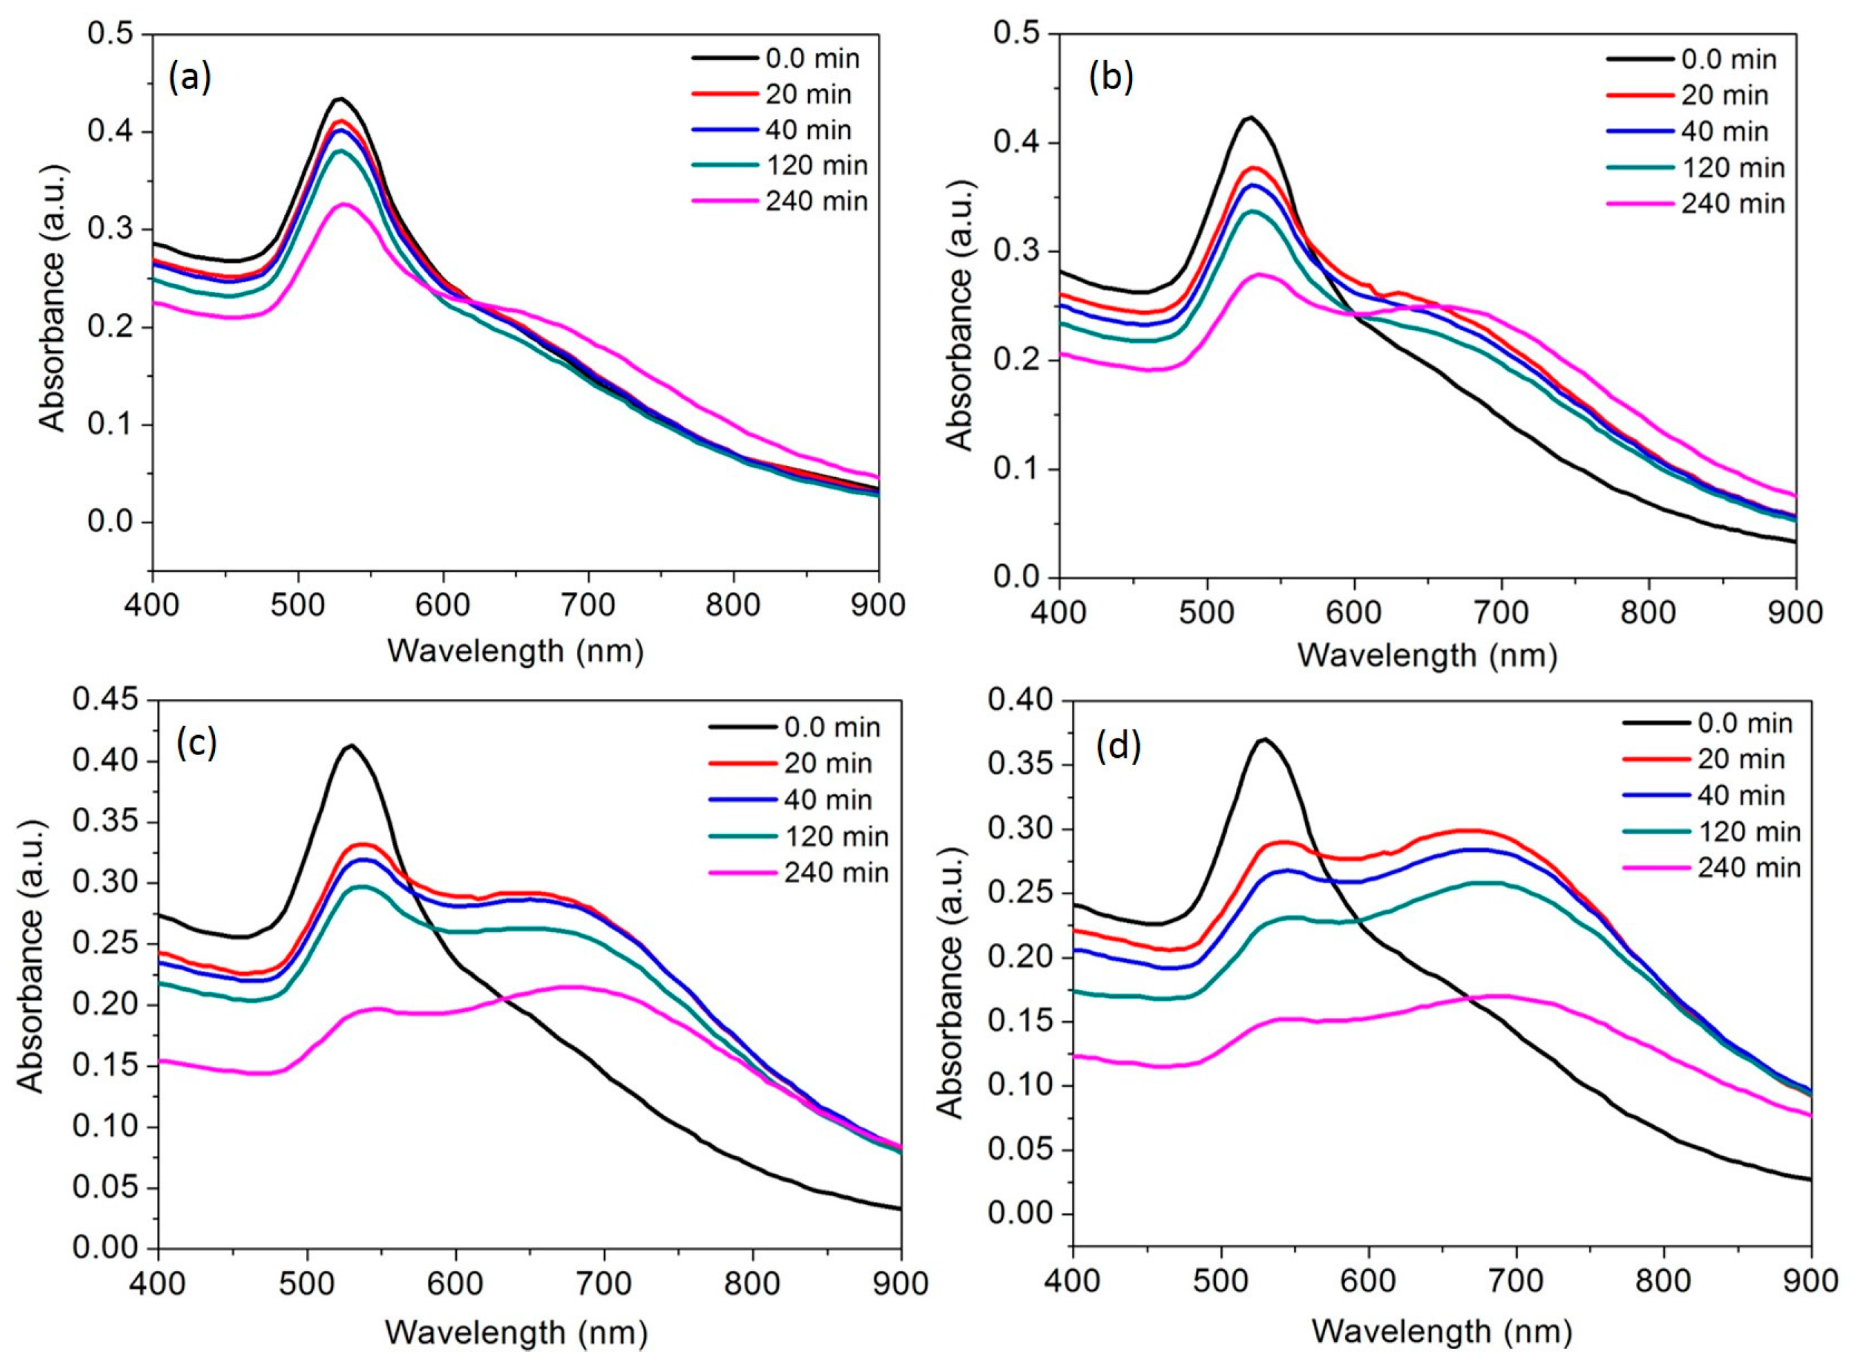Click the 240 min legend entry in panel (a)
tap(816, 201)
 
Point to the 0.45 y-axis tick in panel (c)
tap(108, 700)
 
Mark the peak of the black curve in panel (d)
tap(1264, 738)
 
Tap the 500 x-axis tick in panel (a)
tap(298, 605)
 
